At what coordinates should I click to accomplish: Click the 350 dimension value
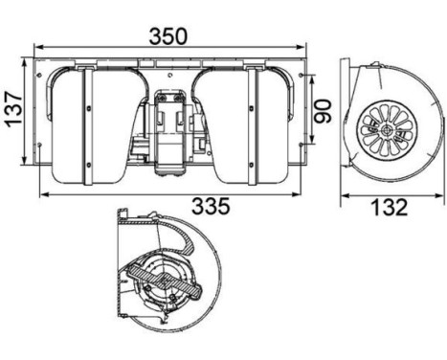(x=168, y=35)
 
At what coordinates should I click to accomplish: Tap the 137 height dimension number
(x=14, y=109)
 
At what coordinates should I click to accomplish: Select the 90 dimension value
(x=323, y=111)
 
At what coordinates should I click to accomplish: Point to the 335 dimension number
(x=211, y=206)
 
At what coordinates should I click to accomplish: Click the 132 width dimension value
(x=389, y=207)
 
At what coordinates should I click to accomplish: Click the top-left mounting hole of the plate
(x=39, y=75)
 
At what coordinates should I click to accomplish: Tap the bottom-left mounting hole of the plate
(x=39, y=145)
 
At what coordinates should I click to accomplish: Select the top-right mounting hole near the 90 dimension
(x=302, y=75)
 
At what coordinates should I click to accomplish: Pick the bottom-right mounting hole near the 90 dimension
(x=302, y=145)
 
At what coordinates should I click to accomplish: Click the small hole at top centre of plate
(x=170, y=76)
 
